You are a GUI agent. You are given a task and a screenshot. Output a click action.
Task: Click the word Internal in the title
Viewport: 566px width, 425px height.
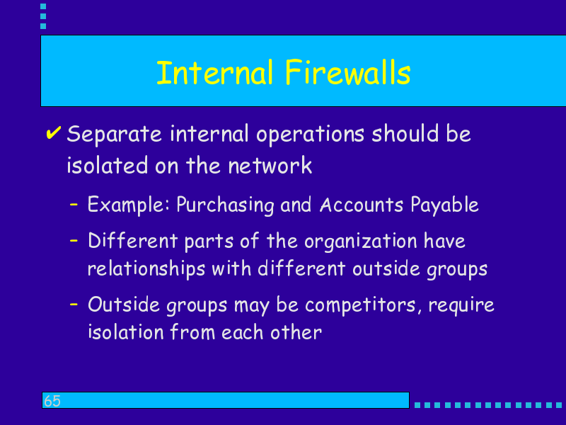(214, 72)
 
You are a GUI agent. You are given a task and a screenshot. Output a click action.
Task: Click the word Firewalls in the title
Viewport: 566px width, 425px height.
(347, 72)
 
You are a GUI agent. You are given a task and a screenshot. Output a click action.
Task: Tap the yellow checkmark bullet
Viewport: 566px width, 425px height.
(54, 132)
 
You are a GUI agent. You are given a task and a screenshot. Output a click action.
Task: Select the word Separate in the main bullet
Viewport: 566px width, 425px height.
(114, 135)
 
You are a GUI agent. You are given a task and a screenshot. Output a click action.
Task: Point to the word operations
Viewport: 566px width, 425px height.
(310, 135)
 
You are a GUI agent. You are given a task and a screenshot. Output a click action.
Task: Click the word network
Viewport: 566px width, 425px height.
(270, 166)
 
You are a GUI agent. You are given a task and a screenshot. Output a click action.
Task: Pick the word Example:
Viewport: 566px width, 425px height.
(129, 205)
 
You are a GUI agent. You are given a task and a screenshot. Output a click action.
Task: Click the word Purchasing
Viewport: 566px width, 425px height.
(225, 205)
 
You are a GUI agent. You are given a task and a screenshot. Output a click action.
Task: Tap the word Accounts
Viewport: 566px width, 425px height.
(362, 205)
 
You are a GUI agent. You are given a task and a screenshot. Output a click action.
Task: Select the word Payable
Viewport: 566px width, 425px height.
(444, 205)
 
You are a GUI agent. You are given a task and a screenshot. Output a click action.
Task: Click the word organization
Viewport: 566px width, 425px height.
(361, 242)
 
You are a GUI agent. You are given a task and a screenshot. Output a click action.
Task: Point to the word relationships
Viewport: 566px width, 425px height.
(146, 270)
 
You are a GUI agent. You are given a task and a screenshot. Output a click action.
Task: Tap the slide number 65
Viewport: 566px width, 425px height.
(52, 401)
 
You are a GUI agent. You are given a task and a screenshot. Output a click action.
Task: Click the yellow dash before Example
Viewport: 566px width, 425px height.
(74, 205)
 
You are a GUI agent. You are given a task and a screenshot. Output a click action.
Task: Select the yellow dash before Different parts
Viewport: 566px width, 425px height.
(74, 240)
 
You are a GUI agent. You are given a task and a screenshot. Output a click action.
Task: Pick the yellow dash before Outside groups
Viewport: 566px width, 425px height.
(74, 304)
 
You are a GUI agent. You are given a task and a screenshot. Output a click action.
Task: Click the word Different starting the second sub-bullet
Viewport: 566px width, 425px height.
(133, 241)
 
